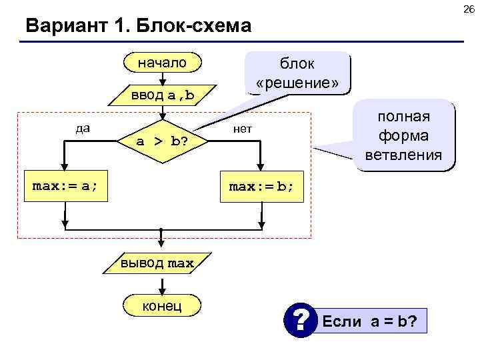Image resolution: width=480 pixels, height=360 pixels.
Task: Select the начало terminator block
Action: pyautogui.click(x=163, y=63)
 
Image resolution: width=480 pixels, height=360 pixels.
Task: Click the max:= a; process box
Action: pyautogui.click(x=65, y=186)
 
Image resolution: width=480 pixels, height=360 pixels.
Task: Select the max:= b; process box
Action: pyautogui.click(x=261, y=187)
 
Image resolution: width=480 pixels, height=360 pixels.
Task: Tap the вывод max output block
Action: pyautogui.click(x=157, y=263)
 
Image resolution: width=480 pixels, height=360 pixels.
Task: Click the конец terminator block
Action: pyautogui.click(x=162, y=305)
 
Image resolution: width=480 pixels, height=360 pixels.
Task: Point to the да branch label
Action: pyautogui.click(x=83, y=128)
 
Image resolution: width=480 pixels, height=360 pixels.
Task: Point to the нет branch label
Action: pyautogui.click(x=242, y=128)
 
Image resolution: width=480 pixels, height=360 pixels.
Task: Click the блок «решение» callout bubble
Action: pyautogui.click(x=297, y=73)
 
